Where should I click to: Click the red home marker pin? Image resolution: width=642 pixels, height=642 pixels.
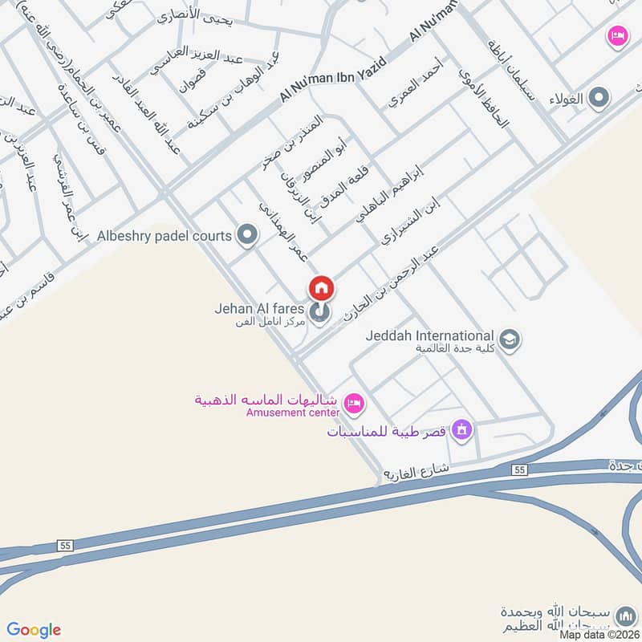pyautogui.click(x=321, y=288)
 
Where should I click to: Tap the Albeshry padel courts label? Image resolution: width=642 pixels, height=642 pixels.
pyautogui.click(x=164, y=236)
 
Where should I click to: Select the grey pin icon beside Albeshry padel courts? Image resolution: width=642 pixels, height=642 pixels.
pyautogui.click(x=248, y=236)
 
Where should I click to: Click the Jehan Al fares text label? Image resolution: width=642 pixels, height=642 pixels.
pyautogui.click(x=258, y=308)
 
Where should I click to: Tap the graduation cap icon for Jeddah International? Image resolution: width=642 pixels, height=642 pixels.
pyautogui.click(x=509, y=339)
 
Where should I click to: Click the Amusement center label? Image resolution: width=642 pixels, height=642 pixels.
pyautogui.click(x=293, y=412)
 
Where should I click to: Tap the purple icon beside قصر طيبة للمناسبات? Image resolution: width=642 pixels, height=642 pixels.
pyautogui.click(x=461, y=431)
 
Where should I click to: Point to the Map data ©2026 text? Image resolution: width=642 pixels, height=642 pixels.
pyautogui.click(x=599, y=634)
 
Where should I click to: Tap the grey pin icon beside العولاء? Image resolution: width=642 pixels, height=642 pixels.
pyautogui.click(x=598, y=99)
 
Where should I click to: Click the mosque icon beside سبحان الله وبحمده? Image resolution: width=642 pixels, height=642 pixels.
pyautogui.click(x=624, y=616)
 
